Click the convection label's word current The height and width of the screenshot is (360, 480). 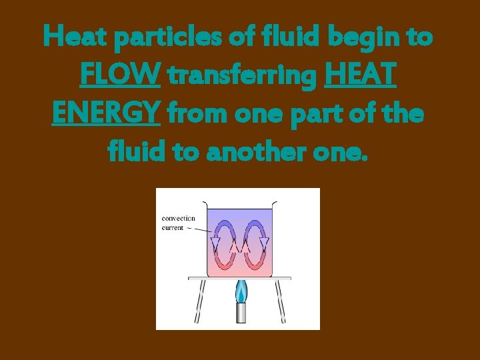coord(173,227)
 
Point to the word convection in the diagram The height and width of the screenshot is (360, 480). coord(179,218)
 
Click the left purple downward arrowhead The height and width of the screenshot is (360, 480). coord(215,242)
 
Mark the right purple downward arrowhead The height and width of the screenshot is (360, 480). coord(264,242)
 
